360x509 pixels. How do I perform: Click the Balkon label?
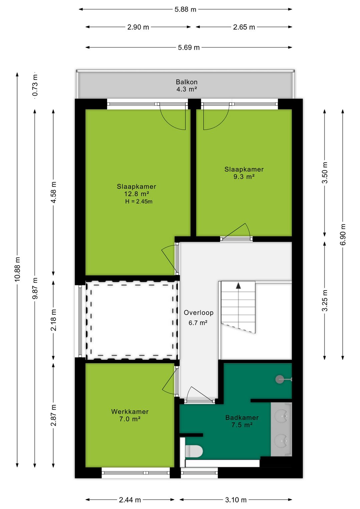click(x=186, y=82)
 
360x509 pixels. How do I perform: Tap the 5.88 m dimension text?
click(x=185, y=10)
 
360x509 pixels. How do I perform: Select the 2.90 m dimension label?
click(x=138, y=27)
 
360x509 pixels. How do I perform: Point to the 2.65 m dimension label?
click(x=244, y=27)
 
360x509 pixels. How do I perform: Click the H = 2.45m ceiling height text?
click(x=139, y=201)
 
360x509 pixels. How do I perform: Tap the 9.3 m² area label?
click(x=244, y=176)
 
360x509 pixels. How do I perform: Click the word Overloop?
click(x=199, y=313)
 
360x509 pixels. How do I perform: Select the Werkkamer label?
click(x=130, y=412)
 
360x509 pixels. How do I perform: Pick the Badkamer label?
click(x=242, y=417)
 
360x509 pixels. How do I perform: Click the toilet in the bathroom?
click(x=194, y=451)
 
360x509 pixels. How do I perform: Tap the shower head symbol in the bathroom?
click(x=280, y=379)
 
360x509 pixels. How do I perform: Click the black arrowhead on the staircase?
click(x=238, y=286)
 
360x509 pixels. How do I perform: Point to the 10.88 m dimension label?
click(x=17, y=269)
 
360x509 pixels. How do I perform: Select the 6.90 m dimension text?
click(x=343, y=234)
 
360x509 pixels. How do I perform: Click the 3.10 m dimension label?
click(x=236, y=500)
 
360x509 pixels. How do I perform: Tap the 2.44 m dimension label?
click(x=130, y=500)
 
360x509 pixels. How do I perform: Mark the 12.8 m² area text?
click(x=137, y=194)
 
